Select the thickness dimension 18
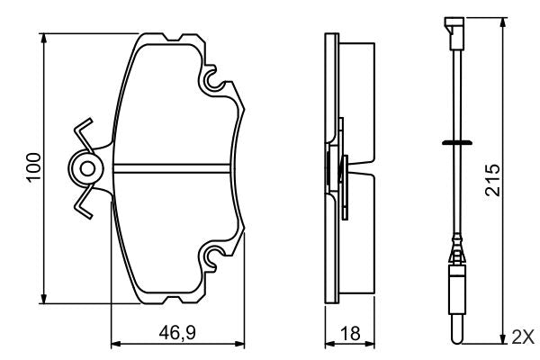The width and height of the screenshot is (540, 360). [x=351, y=334]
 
